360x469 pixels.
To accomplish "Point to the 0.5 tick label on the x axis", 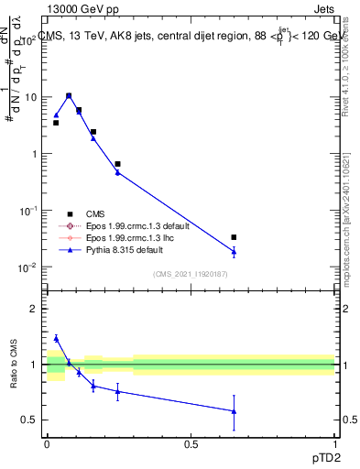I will [191, 443].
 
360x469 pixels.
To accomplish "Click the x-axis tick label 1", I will [335, 443].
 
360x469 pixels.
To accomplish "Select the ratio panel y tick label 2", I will [33, 309].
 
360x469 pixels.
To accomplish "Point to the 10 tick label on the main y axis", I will [29, 97].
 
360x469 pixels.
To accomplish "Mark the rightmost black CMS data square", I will [235, 237].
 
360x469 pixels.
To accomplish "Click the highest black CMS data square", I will [69, 95].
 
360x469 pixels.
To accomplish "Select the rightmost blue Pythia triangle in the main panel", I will [235, 251].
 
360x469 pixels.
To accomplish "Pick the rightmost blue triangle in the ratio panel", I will [235, 411].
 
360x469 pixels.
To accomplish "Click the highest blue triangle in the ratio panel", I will [56, 338].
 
